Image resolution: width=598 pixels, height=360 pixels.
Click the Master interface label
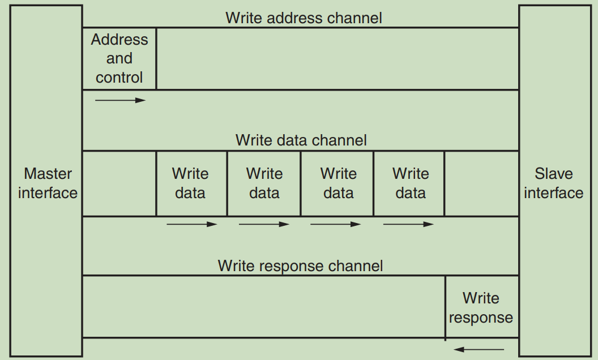(48, 183)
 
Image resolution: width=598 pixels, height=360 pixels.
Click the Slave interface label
(553, 183)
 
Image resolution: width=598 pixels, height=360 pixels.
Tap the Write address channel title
(304, 18)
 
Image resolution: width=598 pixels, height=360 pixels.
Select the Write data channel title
(301, 140)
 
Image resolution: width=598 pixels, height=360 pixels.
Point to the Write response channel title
(300, 265)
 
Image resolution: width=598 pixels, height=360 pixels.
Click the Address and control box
(119, 58)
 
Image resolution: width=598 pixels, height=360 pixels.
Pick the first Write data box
(191, 183)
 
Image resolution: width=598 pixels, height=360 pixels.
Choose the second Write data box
(264, 183)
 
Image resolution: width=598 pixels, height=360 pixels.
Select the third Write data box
(338, 183)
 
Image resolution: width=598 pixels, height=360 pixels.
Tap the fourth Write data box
(410, 183)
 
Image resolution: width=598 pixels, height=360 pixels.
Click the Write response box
(481, 307)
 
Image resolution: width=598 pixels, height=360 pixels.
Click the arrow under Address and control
(120, 100)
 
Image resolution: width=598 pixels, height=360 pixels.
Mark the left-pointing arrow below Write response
(479, 349)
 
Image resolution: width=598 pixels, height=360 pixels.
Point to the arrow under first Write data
(191, 224)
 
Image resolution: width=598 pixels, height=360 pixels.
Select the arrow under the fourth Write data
(408, 224)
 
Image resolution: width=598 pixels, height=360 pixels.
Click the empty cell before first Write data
(119, 183)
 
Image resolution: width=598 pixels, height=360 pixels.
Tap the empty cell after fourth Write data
(481, 183)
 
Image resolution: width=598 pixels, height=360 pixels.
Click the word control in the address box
(119, 78)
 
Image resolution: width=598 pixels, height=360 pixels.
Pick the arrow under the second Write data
(264, 224)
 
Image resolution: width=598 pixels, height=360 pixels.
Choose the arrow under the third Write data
(335, 224)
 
